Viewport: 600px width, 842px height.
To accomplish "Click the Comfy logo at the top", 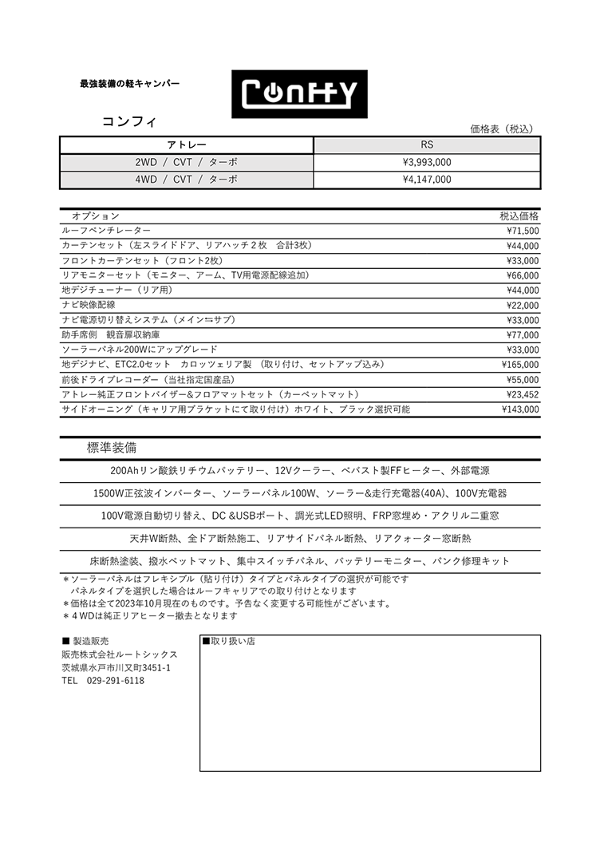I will (299, 94).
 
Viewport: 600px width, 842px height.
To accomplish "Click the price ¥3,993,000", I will (427, 162).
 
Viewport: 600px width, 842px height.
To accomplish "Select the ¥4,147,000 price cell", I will (427, 180).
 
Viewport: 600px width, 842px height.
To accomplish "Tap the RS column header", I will (427, 145).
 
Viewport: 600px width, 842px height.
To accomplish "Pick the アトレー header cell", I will (187, 145).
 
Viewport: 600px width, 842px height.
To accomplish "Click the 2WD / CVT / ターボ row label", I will (187, 162).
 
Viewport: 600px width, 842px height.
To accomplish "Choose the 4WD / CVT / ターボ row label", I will (187, 180).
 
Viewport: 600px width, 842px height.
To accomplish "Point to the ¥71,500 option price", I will (523, 231).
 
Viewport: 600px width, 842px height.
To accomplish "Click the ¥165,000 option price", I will (520, 365).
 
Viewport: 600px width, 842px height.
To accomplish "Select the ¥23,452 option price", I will (523, 394).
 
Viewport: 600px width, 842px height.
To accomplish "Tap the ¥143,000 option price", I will (520, 409).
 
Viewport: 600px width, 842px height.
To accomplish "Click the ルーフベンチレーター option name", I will (106, 231).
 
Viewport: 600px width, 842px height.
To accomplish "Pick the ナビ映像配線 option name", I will (89, 305).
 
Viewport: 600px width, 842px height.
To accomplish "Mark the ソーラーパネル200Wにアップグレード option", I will (140, 350).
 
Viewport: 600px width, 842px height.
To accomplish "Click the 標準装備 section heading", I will (111, 448).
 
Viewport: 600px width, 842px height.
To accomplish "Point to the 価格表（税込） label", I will (501, 128).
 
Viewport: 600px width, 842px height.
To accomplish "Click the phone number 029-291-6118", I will (115, 681).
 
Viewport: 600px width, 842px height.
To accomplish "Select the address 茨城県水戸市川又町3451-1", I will (116, 667).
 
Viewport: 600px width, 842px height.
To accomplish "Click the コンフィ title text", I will (128, 122).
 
